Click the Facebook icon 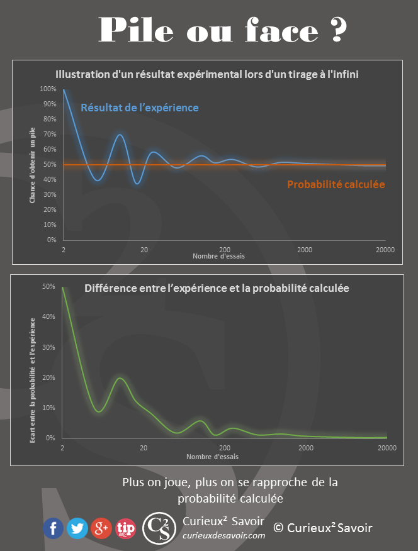tap(54, 528)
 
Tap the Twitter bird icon tap(77, 528)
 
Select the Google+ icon tap(101, 528)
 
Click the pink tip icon tap(126, 528)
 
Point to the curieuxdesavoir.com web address tap(223, 535)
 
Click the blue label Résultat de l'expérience tap(140, 108)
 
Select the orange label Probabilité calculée tap(336, 185)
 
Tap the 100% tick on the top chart tap(48, 89)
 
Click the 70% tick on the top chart tap(49, 134)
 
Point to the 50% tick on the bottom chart tap(49, 287)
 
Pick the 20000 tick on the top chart tap(385, 250)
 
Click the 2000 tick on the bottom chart tap(306, 448)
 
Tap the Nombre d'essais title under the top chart tap(219, 257)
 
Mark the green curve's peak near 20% tap(120, 378)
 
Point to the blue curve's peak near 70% tap(120, 135)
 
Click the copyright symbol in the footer tap(278, 528)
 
